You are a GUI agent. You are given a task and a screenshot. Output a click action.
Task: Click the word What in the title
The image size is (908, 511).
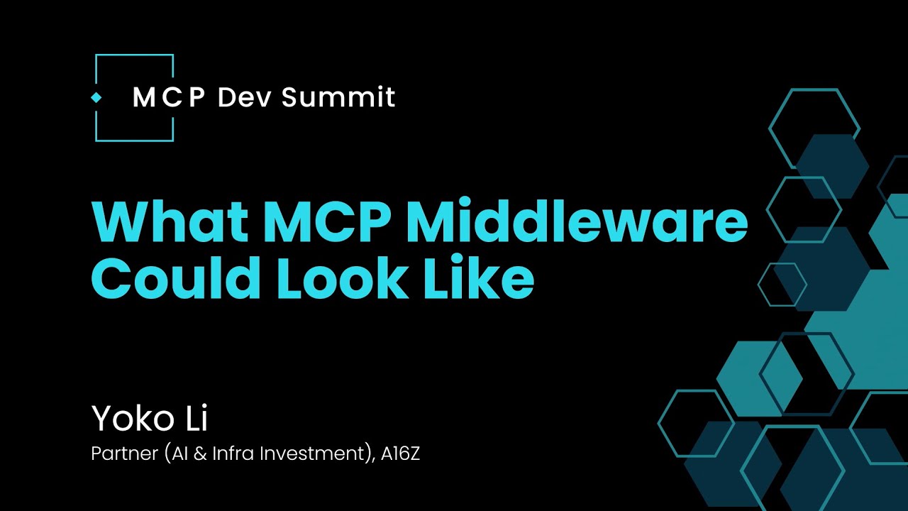coord(167,222)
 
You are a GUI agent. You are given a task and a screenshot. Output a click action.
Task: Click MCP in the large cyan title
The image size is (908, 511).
coord(328,222)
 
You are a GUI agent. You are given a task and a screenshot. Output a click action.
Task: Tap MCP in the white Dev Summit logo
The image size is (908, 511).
coord(169,97)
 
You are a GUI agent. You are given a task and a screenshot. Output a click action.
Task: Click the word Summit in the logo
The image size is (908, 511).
coord(338,97)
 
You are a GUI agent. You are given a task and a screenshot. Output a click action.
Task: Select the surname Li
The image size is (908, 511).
coord(195,419)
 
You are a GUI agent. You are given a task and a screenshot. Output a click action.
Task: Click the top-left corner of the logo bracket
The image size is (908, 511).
coord(96,55)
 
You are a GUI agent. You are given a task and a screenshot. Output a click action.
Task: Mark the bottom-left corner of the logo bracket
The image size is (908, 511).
coord(96,141)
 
